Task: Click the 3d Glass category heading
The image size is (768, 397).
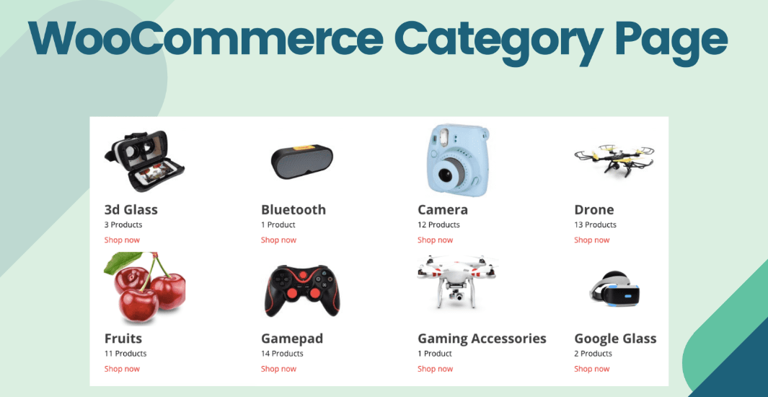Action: [131, 209]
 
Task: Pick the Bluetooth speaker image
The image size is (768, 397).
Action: [302, 160]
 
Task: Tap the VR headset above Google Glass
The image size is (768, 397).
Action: [614, 291]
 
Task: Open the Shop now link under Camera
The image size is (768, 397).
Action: [435, 240]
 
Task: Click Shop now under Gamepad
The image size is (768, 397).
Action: [278, 369]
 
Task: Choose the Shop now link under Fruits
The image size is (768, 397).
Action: [122, 369]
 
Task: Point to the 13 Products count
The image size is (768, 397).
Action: [595, 224]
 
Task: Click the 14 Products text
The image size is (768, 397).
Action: [282, 354]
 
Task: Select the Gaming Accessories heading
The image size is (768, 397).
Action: [482, 339]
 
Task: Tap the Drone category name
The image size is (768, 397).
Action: [593, 209]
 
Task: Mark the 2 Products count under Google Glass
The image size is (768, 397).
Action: [593, 354]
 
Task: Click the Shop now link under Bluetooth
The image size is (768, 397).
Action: [278, 240]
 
